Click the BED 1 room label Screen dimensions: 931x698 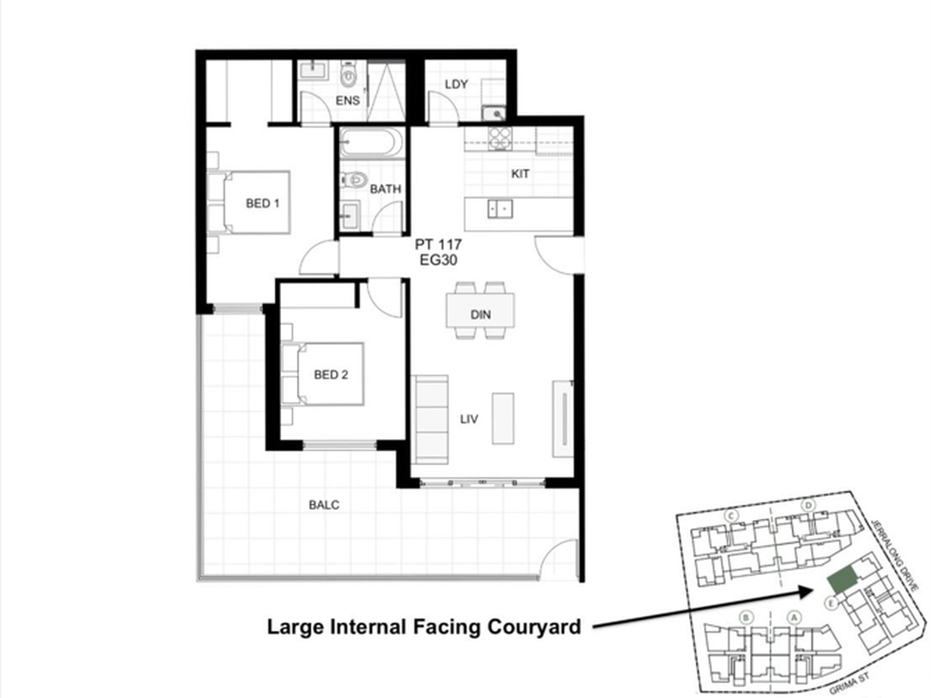(263, 203)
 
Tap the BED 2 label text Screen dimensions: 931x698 (331, 375)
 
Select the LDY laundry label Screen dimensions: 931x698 (456, 84)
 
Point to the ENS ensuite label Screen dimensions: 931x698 (347, 100)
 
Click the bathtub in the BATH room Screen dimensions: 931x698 (371, 143)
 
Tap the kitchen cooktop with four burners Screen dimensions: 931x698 (500, 138)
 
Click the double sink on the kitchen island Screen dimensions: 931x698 (500, 209)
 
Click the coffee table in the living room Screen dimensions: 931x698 (503, 418)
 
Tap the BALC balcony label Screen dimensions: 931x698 (324, 505)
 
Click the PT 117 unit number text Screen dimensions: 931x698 (438, 244)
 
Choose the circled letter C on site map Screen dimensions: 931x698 (731, 515)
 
